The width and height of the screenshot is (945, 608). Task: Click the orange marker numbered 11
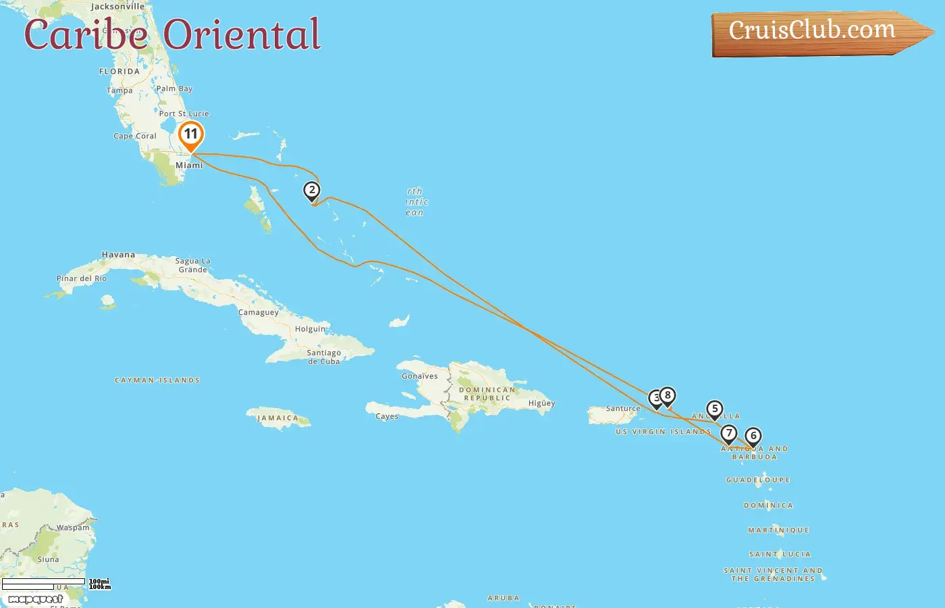coord(191,134)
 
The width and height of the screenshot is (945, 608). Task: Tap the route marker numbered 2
coord(311,191)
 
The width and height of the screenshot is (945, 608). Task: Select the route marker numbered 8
coord(668,396)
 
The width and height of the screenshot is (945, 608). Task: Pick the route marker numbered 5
coord(715,409)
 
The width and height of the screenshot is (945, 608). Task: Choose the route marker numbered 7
coord(728,434)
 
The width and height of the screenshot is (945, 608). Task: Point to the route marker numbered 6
coord(753,436)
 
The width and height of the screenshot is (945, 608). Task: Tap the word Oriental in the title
coord(242,35)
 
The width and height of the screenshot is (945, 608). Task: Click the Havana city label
coord(118,255)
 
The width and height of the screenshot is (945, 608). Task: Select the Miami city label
coord(189,166)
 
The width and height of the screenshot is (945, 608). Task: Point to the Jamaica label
coord(277,418)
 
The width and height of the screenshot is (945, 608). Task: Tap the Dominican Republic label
coord(487,394)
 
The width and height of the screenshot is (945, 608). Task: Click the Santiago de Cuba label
coord(324,357)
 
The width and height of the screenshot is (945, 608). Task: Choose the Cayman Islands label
coord(157,380)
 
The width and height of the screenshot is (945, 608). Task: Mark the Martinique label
coord(778,530)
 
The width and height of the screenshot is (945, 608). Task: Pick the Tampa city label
coord(119,91)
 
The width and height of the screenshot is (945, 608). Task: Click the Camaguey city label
coord(259,313)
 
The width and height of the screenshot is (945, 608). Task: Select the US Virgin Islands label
coord(663,432)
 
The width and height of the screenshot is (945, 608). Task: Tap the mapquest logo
coord(35,599)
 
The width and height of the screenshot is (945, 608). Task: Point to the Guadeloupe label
coord(758,480)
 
